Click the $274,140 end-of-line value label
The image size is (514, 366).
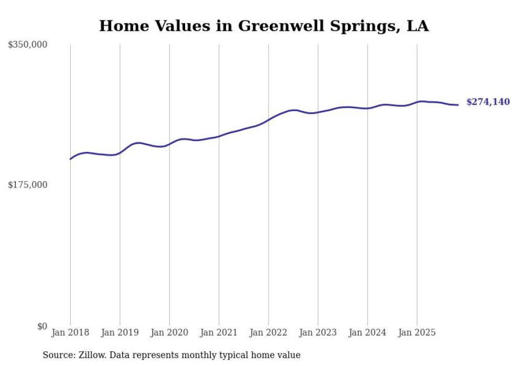(488, 102)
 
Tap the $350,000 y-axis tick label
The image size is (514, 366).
(27, 45)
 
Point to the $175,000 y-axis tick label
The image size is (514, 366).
(27, 185)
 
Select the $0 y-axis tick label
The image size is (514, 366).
(42, 326)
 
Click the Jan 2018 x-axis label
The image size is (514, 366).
(70, 332)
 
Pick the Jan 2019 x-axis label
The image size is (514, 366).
(120, 332)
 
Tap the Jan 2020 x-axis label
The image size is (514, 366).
(169, 332)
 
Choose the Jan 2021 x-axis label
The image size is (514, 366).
(219, 332)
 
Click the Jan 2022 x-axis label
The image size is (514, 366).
(269, 332)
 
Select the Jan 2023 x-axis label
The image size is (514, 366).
(318, 332)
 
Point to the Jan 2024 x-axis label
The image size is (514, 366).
(368, 332)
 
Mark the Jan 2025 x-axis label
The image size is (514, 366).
(417, 332)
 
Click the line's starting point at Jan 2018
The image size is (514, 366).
(70, 159)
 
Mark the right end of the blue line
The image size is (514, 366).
(458, 105)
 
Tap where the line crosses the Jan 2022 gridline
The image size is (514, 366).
(269, 119)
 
